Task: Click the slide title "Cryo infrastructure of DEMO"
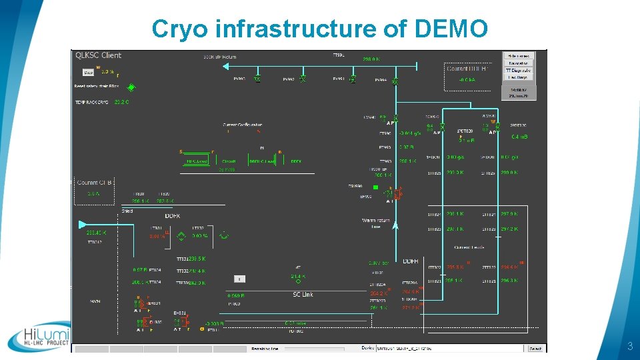320,29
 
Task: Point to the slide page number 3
629,347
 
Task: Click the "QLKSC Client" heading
98,55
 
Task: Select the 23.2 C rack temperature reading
121,102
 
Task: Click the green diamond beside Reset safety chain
131,87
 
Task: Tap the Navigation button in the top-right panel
518,63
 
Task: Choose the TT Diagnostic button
518,70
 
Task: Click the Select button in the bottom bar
535,348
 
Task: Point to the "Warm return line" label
376,223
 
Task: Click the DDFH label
411,261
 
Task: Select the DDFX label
173,216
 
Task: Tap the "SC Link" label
303,295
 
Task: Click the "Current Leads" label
469,247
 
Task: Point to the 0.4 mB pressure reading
519,137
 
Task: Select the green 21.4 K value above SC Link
298,276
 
